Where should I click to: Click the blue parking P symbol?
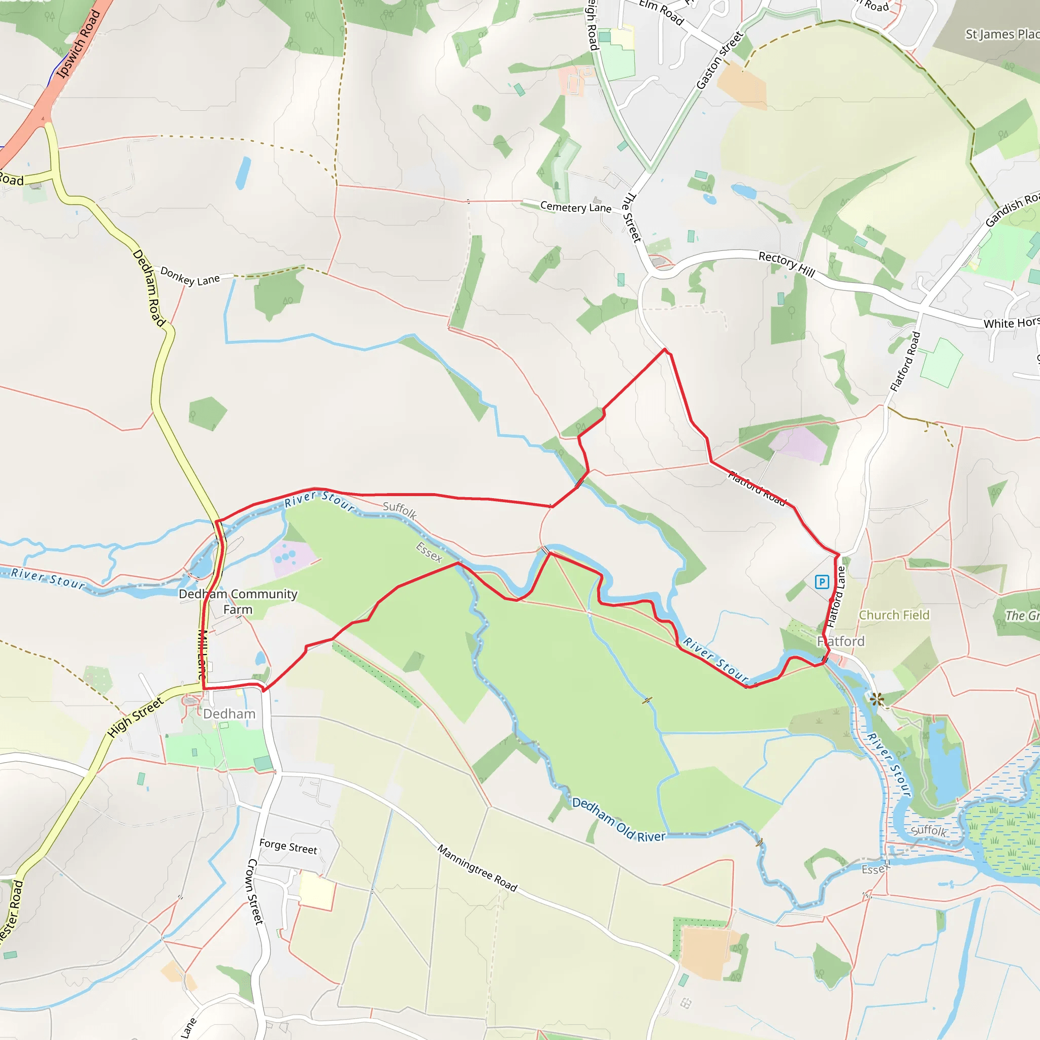pyautogui.click(x=822, y=582)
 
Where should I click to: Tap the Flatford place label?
pyautogui.click(x=841, y=641)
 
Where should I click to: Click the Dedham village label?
pyautogui.click(x=230, y=714)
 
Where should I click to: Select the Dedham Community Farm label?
pyautogui.click(x=238, y=601)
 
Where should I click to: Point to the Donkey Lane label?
pyautogui.click(x=190, y=277)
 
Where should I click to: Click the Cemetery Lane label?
pyautogui.click(x=575, y=207)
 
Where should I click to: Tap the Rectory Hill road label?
pyautogui.click(x=787, y=264)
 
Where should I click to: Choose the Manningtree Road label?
pyautogui.click(x=477, y=868)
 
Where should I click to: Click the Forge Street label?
pyautogui.click(x=288, y=847)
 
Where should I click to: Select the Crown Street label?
pyautogui.click(x=254, y=891)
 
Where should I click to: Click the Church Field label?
pyautogui.click(x=894, y=615)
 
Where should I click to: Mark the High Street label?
pyautogui.click(x=135, y=718)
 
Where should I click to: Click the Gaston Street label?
pyautogui.click(x=720, y=60)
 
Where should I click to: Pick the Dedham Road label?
pyautogui.click(x=149, y=287)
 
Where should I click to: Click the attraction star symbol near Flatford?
pyautogui.click(x=877, y=699)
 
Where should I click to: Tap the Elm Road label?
pyautogui.click(x=661, y=12)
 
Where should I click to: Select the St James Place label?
pyautogui.click(x=1002, y=35)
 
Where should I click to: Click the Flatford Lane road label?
pyautogui.click(x=836, y=597)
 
